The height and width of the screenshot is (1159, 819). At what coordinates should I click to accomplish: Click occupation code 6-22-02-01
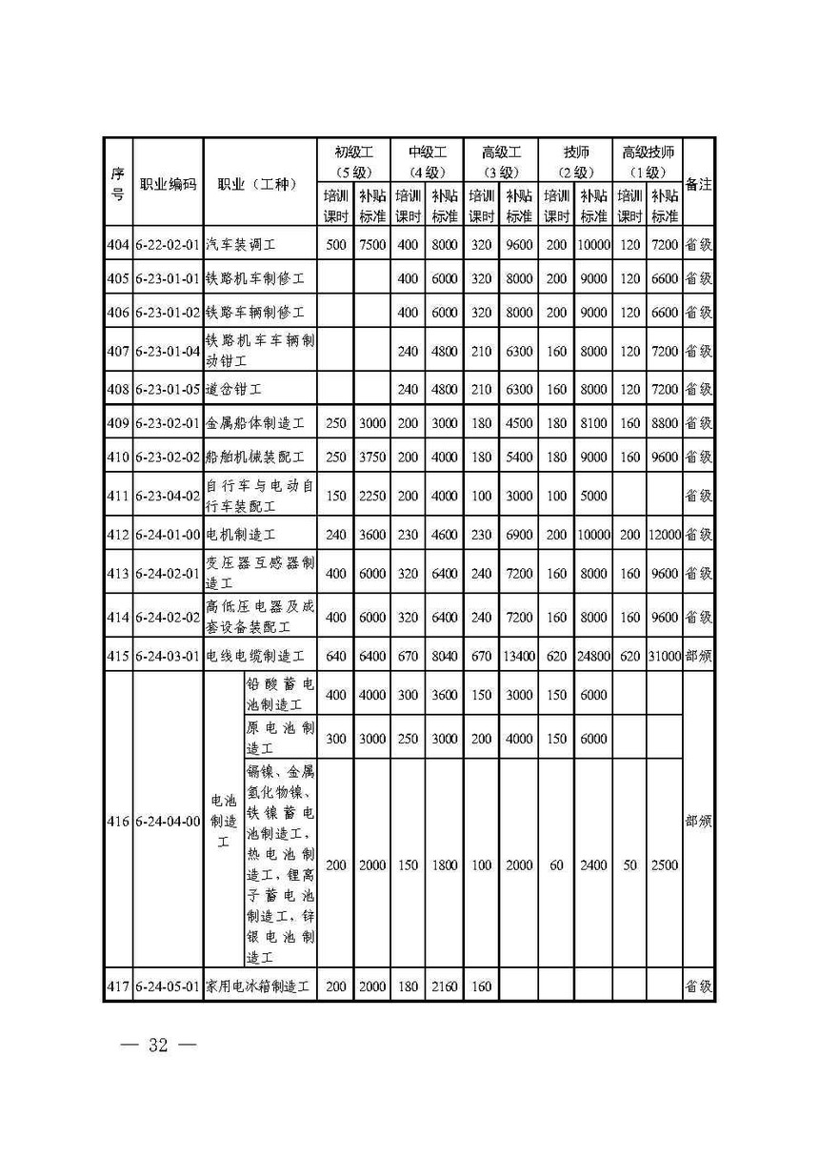pyautogui.click(x=168, y=244)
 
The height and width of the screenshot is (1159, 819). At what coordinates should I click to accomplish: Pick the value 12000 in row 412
pyautogui.click(x=665, y=534)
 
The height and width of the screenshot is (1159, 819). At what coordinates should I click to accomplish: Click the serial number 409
pyautogui.click(x=117, y=423)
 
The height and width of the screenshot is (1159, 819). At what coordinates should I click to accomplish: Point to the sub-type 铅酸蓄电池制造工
pyautogui.click(x=280, y=695)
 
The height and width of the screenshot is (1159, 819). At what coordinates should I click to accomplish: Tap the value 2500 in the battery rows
pyautogui.click(x=665, y=865)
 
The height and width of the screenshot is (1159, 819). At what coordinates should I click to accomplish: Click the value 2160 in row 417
pyautogui.click(x=445, y=986)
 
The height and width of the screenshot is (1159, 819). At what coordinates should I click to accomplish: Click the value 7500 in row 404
pyautogui.click(x=372, y=244)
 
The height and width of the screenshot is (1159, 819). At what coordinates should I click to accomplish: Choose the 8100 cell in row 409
pyautogui.click(x=592, y=423)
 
